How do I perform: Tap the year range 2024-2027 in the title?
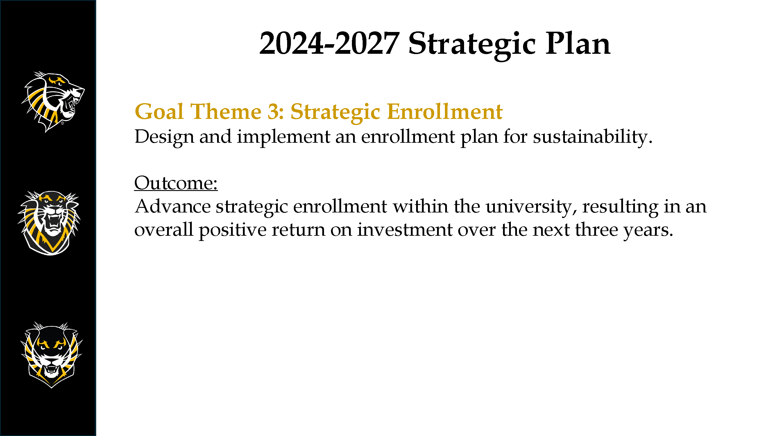[x=329, y=44]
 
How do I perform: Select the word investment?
[x=405, y=230]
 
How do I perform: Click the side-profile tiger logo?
[x=53, y=102]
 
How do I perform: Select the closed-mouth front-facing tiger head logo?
[x=51, y=355]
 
